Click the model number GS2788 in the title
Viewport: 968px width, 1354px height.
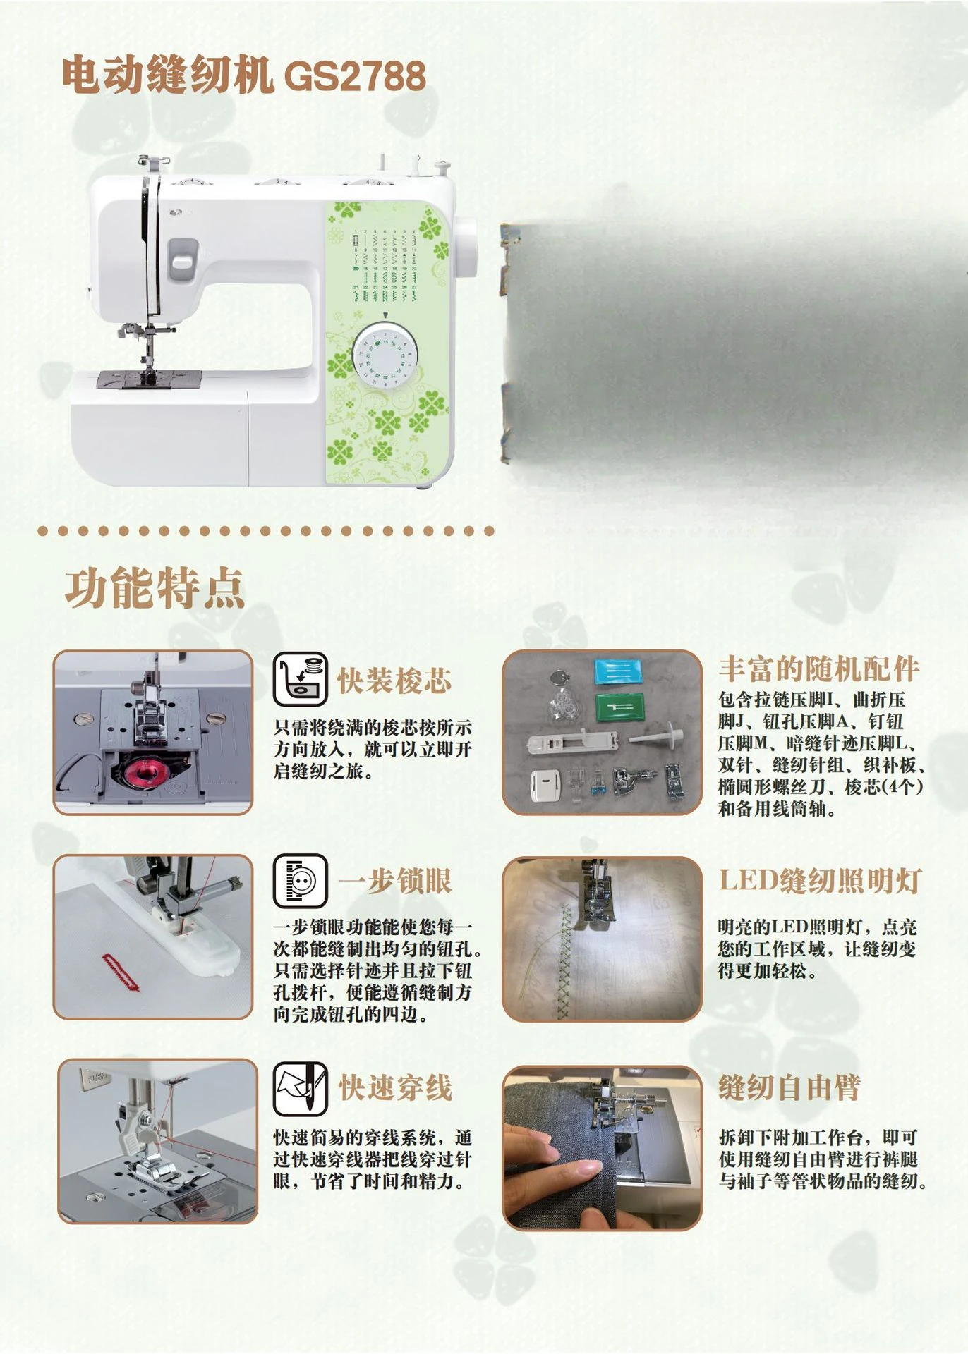click(x=356, y=76)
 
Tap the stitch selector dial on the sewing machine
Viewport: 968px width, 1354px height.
click(x=385, y=357)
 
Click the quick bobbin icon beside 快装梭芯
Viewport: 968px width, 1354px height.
click(x=301, y=678)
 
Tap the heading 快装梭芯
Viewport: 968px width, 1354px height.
click(x=394, y=681)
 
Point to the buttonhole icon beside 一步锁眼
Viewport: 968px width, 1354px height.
click(x=301, y=881)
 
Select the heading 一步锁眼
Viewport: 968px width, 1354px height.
click(x=394, y=881)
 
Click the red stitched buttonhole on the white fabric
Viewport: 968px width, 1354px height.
click(x=121, y=972)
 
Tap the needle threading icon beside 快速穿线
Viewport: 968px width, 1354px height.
click(x=301, y=1089)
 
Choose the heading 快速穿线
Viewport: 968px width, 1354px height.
click(x=394, y=1087)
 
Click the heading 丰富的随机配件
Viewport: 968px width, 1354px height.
click(x=819, y=669)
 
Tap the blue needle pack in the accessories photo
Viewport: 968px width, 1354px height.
click(x=619, y=671)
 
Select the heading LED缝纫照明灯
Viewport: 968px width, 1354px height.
click(x=821, y=881)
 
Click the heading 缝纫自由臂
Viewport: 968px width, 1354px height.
click(x=789, y=1087)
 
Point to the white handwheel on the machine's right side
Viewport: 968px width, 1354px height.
click(x=466, y=249)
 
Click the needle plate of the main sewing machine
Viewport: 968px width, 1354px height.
click(x=149, y=380)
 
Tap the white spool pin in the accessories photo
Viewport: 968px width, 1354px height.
click(x=657, y=738)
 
